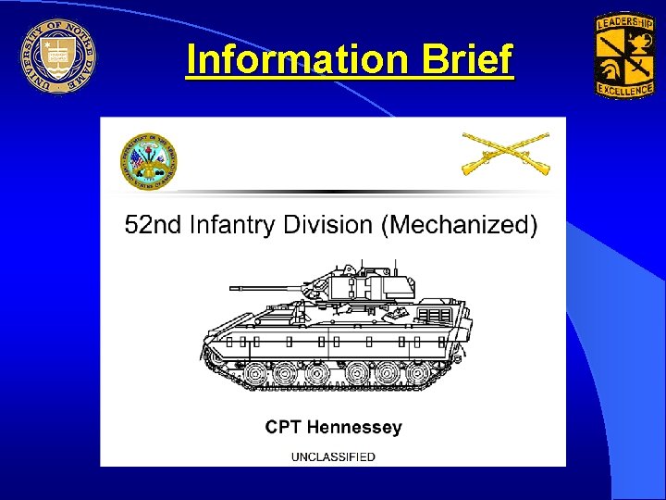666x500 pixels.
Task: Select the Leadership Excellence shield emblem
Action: point(623,55)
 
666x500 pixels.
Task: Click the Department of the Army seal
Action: point(149,161)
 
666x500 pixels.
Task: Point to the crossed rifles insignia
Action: point(505,153)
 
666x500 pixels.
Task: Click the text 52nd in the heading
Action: point(152,226)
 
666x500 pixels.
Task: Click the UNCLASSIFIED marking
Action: point(333,456)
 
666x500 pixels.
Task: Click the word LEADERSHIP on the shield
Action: point(623,20)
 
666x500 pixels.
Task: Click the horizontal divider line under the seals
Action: point(333,193)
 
